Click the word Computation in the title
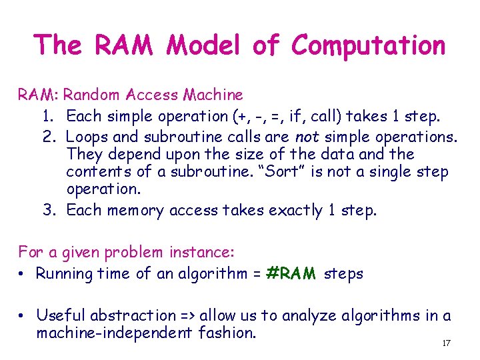368,46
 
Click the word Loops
89,136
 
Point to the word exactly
296,211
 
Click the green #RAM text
291,273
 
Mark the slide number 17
446,343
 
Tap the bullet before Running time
23,274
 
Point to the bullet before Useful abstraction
23,315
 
